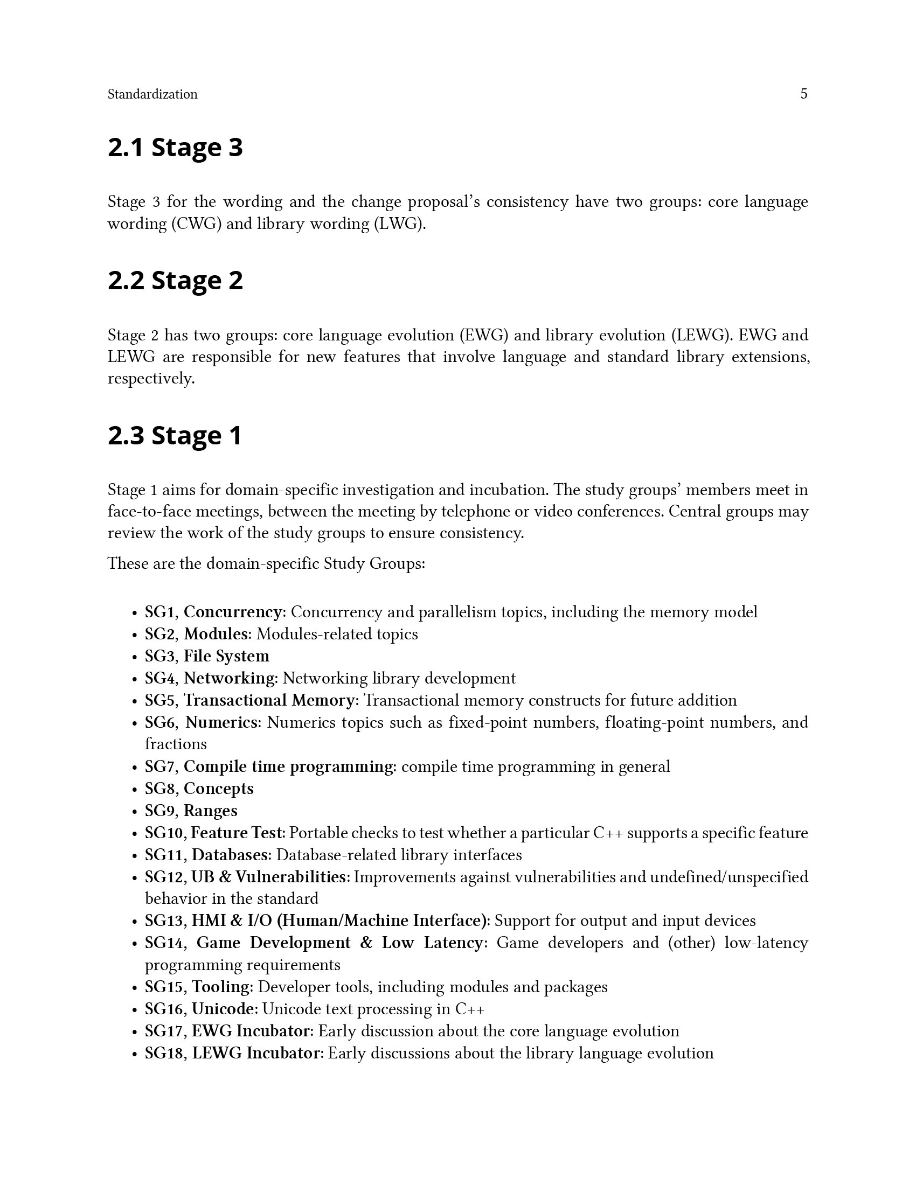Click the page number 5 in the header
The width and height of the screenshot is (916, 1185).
[804, 94]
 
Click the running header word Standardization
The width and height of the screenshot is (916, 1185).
[152, 94]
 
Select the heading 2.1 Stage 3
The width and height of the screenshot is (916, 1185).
[175, 148]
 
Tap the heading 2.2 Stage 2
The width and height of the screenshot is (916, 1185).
[175, 281]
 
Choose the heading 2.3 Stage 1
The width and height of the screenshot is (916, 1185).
[175, 436]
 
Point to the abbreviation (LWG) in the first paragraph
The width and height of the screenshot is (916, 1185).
[399, 224]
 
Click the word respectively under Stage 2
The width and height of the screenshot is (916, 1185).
[151, 379]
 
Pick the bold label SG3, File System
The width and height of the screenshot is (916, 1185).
[207, 656]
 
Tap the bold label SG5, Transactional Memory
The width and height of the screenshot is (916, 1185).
[249, 700]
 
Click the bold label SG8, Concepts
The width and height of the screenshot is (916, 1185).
[199, 789]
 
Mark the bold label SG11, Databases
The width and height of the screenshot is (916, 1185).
[206, 855]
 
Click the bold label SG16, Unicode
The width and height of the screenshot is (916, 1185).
[199, 1009]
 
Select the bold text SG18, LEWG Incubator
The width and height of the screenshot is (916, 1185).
[232, 1053]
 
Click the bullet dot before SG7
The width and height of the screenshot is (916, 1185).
[134, 768]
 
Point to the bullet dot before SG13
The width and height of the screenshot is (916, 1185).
[134, 922]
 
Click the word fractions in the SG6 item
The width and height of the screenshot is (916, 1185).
[176, 744]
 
